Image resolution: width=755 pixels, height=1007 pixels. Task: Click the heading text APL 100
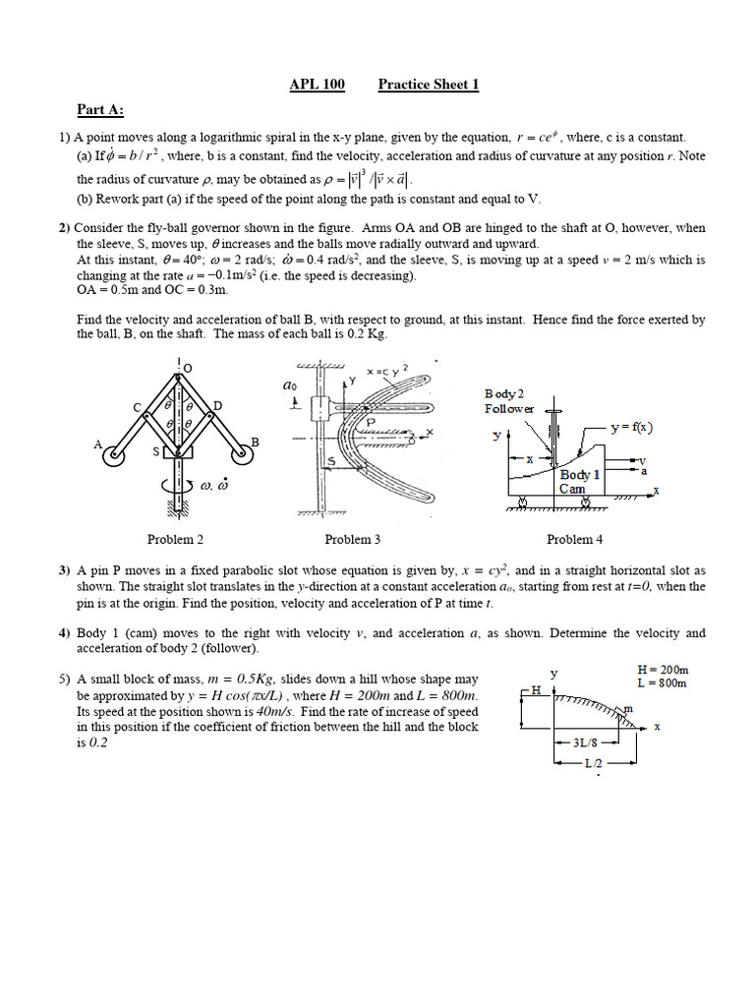click(x=317, y=85)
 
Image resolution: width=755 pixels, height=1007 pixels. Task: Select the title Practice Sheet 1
click(x=429, y=85)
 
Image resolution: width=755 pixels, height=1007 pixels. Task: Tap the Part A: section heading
click(x=101, y=109)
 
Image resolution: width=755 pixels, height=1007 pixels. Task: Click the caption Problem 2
click(x=175, y=539)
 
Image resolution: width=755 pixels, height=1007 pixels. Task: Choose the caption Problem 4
click(x=575, y=539)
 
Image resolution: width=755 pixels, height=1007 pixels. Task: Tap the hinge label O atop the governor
click(x=187, y=367)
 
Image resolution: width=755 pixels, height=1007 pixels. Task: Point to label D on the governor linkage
click(x=218, y=405)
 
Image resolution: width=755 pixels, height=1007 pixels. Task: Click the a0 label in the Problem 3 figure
click(x=290, y=386)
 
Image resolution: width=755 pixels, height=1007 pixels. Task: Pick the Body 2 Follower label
click(x=509, y=401)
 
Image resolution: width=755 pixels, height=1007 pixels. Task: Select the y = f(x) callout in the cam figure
click(x=631, y=427)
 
